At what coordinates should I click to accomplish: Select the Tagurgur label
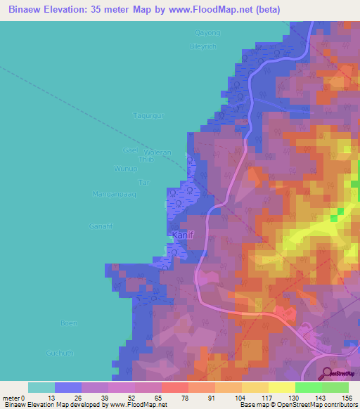pos(148,116)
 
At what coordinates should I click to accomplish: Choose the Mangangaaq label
pos(114,193)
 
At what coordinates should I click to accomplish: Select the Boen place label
pos(68,323)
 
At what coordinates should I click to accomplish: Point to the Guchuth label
pos(60,353)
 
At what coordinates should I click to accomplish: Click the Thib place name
pos(146,160)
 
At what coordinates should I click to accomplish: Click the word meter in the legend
pos(12,398)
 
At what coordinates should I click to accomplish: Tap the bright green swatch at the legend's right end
pos(335,387)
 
